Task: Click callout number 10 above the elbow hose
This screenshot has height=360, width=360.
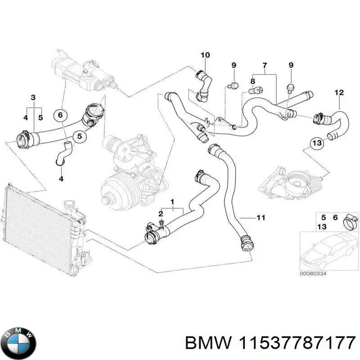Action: click(x=205, y=55)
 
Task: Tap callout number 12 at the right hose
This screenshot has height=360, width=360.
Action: click(x=339, y=93)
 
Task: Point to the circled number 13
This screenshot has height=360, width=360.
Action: click(x=317, y=143)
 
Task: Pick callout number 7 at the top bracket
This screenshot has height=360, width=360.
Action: click(x=265, y=66)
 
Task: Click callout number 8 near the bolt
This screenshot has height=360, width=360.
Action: click(x=252, y=81)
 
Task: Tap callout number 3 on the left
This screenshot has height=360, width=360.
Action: click(x=33, y=98)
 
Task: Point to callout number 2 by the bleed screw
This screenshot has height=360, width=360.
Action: click(x=161, y=213)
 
